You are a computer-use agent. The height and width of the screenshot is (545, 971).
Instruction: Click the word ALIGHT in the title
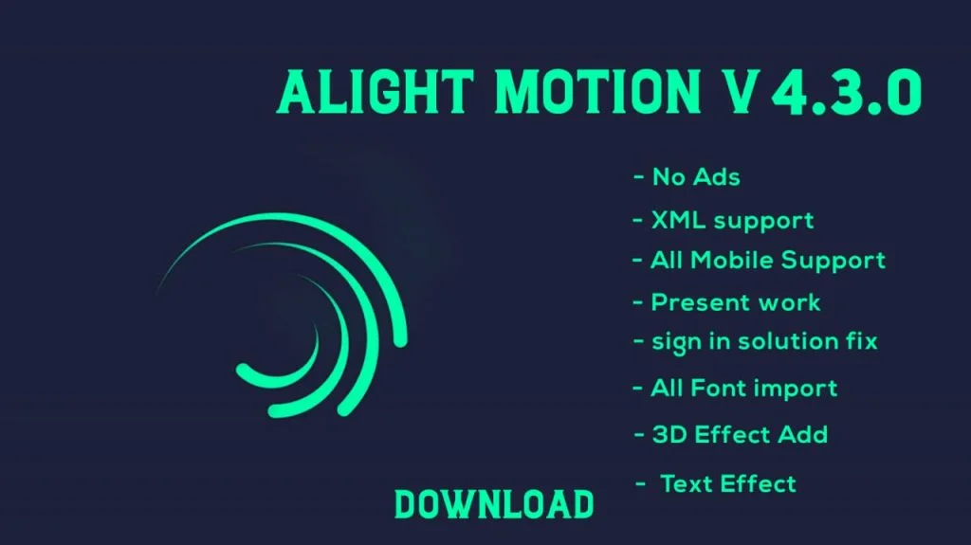(x=376, y=92)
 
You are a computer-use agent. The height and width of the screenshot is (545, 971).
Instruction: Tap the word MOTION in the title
(x=597, y=92)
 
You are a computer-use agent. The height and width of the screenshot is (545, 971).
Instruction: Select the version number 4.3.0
(x=847, y=92)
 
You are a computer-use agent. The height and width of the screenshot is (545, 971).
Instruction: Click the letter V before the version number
(x=739, y=92)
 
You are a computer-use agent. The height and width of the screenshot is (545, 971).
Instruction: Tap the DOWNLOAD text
(x=494, y=504)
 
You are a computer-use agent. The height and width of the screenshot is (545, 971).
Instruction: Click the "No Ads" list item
(x=696, y=177)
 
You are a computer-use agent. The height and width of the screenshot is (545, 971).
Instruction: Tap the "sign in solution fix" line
(x=764, y=342)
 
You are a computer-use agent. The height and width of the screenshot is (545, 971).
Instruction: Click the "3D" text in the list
(x=669, y=435)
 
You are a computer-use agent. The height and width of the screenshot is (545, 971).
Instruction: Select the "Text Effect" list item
(x=728, y=483)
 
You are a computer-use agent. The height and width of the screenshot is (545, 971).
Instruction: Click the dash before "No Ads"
(x=638, y=178)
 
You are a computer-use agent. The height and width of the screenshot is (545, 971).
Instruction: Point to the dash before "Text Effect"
(x=641, y=484)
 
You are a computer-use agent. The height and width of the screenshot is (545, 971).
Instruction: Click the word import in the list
(x=796, y=390)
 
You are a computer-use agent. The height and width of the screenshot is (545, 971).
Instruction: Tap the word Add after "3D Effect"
(x=802, y=435)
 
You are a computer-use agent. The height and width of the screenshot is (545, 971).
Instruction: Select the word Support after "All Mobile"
(x=833, y=262)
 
